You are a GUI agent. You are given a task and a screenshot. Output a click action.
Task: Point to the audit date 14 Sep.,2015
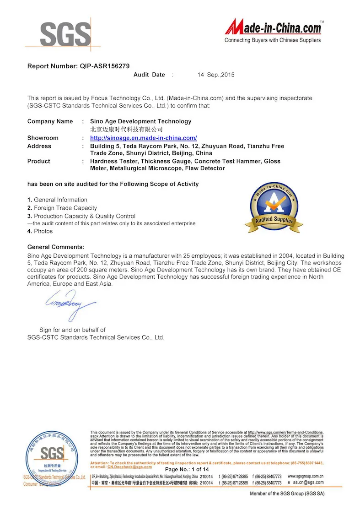pyautogui.click(x=216, y=75)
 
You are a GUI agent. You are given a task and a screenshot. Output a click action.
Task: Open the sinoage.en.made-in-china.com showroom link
pyautogui.click(x=143, y=138)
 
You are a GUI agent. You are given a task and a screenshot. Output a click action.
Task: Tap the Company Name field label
pyautogui.click(x=50, y=121)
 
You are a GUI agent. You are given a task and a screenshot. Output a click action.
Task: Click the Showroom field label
pyautogui.click(x=43, y=138)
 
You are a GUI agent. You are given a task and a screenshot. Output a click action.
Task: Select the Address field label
pyautogui.click(x=39, y=146)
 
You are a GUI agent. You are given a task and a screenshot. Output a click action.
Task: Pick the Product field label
pyautogui.click(x=39, y=161)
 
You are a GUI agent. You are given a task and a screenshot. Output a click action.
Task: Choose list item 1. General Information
pyautogui.click(x=57, y=200)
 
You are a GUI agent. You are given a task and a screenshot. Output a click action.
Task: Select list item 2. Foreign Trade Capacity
pyautogui.click(x=62, y=208)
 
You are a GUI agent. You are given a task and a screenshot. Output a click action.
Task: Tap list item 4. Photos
pyautogui.click(x=40, y=231)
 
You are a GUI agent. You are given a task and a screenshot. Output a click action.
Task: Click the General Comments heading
pyautogui.click(x=56, y=247)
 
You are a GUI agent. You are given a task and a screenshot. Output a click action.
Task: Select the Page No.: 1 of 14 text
pyautogui.click(x=187, y=469)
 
